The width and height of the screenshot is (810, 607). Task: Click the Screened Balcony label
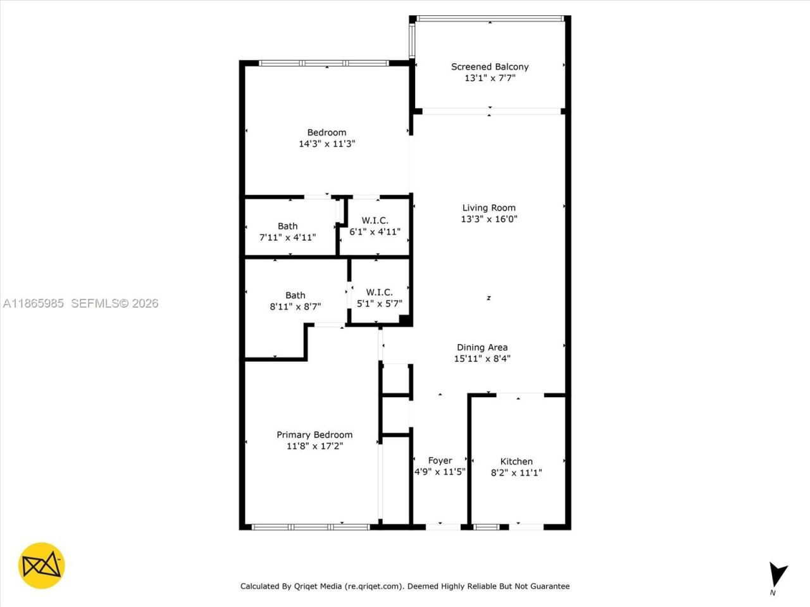point(489,66)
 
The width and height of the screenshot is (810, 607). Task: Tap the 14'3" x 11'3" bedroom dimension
point(327,144)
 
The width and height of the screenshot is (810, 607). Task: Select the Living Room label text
point(489,207)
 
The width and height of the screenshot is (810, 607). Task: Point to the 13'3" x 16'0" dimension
point(489,219)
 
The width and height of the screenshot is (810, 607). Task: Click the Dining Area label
point(482,347)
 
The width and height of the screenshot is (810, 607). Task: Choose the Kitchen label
point(516,462)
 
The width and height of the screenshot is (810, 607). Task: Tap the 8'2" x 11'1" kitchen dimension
point(516,473)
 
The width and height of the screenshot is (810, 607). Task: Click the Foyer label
point(440,461)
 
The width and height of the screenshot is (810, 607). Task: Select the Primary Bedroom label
point(315,434)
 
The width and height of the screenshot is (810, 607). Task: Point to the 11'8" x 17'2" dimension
point(315,446)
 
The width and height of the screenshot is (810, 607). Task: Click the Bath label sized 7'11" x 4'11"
point(287,226)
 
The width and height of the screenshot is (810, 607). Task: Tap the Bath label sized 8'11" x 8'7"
point(295,295)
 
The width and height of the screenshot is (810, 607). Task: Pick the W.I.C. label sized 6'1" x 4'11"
point(375,220)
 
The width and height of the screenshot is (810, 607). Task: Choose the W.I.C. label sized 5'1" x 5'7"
point(379,292)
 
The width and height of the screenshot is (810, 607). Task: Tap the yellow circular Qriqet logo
point(42,565)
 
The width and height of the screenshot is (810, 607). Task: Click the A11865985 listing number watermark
point(34,303)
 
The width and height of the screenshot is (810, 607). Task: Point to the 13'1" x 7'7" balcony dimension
point(489,78)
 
